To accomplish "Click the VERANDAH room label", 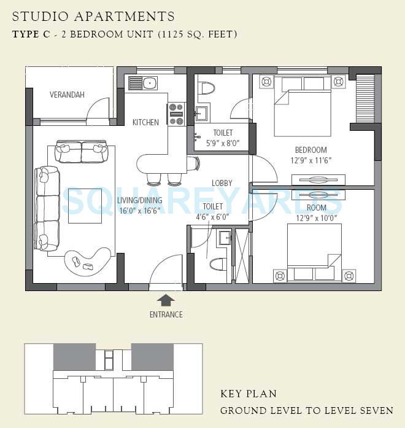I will tap(67, 95).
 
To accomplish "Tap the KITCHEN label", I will tap(145, 122).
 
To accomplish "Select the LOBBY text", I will tap(222, 183).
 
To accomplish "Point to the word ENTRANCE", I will tap(166, 314).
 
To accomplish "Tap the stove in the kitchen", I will tap(176, 114).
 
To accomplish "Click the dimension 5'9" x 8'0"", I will tap(222, 142).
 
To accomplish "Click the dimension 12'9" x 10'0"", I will tap(316, 217).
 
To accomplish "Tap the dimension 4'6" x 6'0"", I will tap(212, 217).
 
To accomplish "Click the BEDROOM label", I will tap(310, 150).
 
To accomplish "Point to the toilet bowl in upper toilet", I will tap(207, 87).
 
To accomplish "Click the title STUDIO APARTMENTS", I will tap(93, 17).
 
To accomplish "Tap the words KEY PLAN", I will tap(249, 394).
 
